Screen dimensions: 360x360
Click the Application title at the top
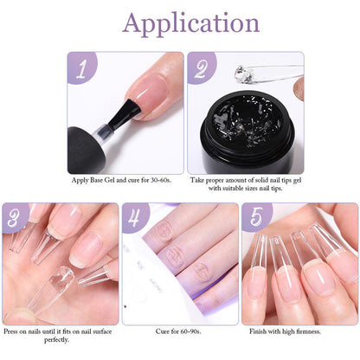tap(180, 22)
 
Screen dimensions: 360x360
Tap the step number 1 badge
tap(80, 67)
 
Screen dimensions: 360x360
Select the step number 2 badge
tap(201, 67)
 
